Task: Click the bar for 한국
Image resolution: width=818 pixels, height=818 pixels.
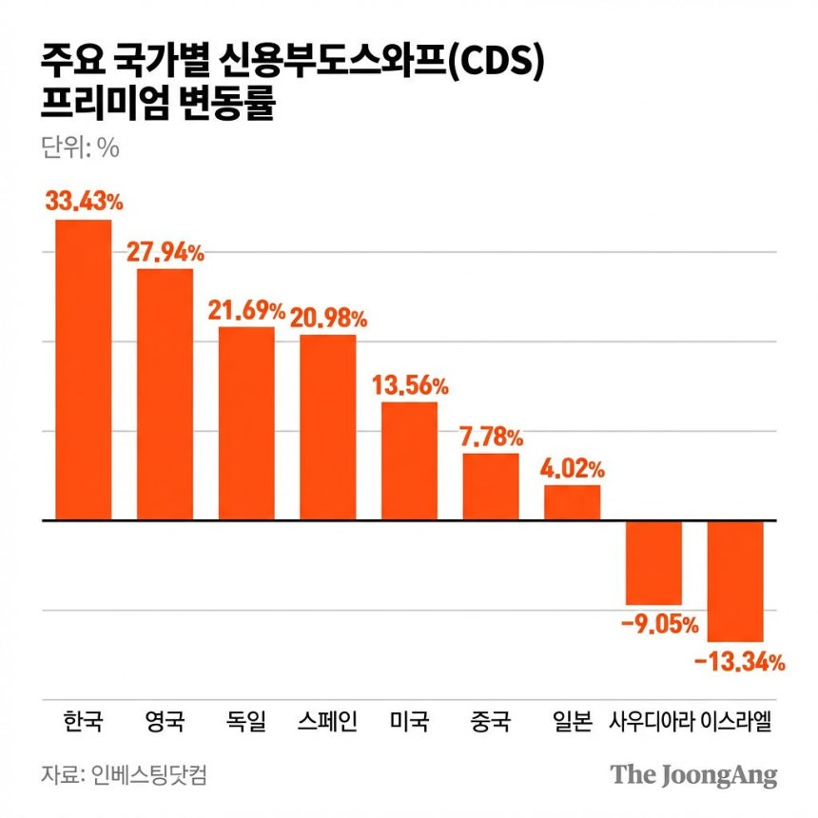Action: click(84, 370)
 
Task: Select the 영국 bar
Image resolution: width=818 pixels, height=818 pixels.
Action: click(165, 395)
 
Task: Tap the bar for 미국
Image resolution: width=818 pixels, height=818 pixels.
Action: click(410, 461)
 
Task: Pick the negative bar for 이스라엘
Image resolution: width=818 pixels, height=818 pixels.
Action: click(735, 581)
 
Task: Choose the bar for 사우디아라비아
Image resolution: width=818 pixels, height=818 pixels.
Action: click(653, 563)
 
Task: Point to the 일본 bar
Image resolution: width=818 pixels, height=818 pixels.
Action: click(573, 502)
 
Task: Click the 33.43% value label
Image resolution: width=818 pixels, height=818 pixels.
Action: click(84, 201)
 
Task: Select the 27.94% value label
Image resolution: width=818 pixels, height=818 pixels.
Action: click(166, 252)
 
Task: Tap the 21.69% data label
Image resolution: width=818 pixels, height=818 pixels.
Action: click(246, 310)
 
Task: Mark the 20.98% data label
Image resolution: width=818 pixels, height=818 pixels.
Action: click(329, 319)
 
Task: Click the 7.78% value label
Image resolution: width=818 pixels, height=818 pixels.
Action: click(491, 438)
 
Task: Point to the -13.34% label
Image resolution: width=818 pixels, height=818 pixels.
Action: click(740, 663)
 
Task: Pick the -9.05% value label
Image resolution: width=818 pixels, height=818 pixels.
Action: click(660, 625)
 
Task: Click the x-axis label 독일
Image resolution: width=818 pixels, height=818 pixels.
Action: click(246, 721)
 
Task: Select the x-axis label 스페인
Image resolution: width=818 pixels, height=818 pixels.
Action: click(327, 721)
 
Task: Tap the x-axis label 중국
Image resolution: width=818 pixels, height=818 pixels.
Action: click(491, 721)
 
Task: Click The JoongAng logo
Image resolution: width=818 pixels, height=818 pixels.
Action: click(693, 776)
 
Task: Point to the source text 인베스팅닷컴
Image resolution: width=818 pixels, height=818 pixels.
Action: click(149, 774)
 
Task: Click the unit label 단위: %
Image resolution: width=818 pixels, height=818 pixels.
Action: click(80, 147)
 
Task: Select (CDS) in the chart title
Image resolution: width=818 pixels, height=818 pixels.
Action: click(497, 62)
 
